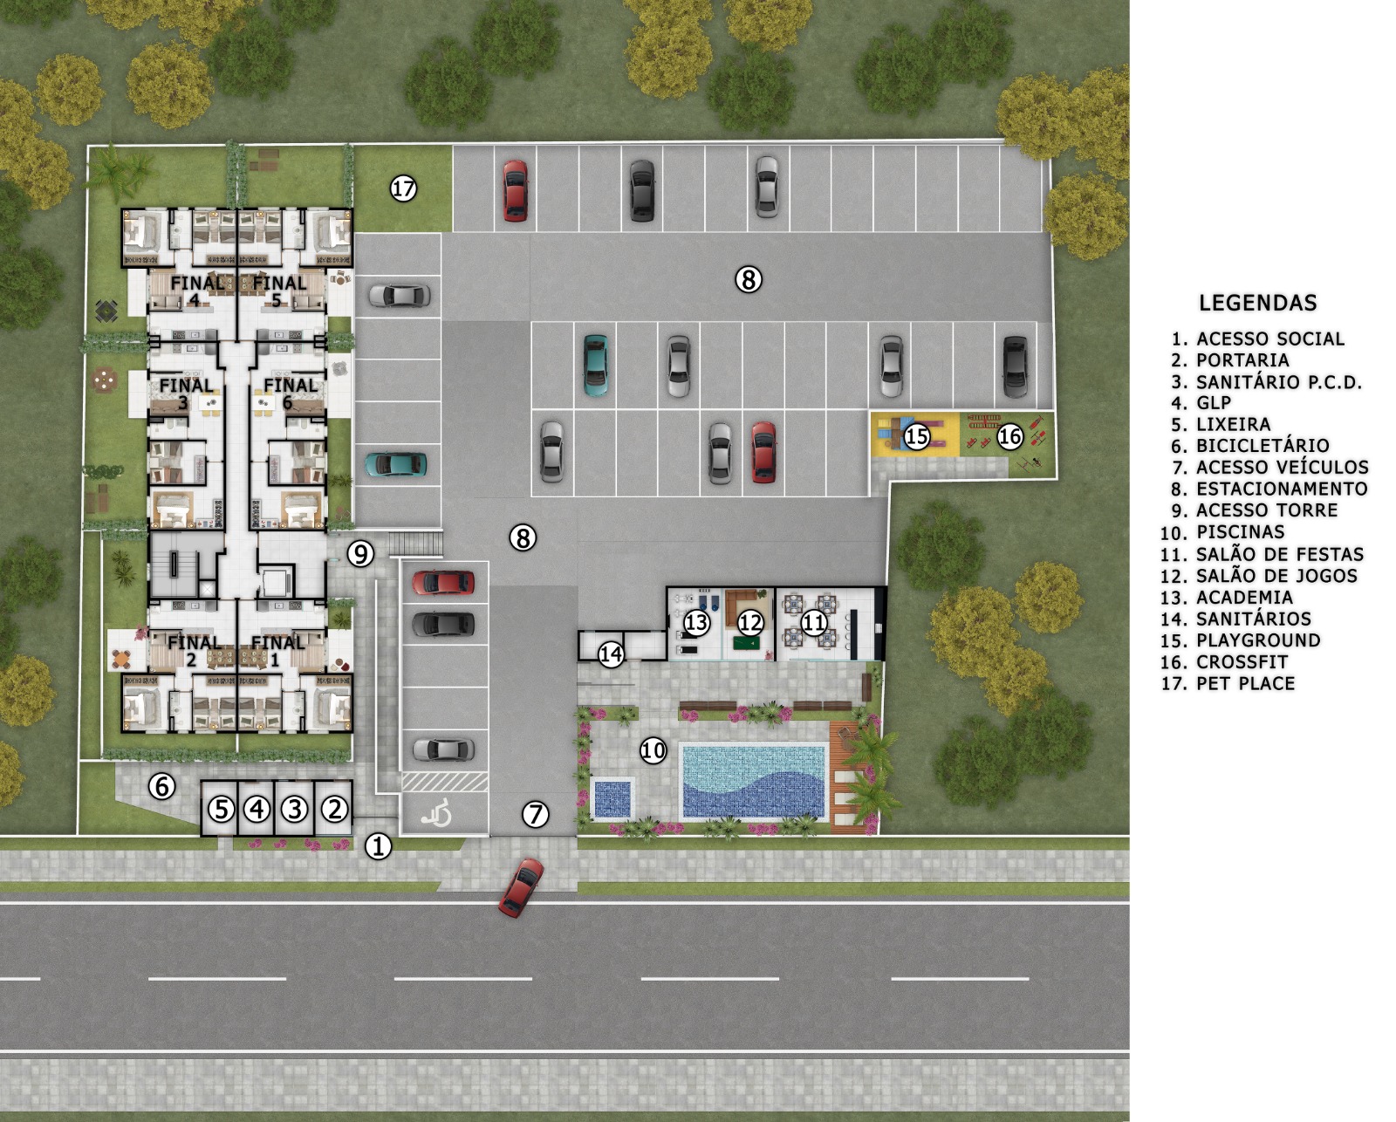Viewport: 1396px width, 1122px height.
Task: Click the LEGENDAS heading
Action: tap(1258, 303)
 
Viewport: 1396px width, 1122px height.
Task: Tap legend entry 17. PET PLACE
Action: tap(1228, 683)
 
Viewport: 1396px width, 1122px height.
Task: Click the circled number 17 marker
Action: tap(403, 188)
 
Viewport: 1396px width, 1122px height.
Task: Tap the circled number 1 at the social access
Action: tap(378, 846)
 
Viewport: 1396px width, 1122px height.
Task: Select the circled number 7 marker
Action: tap(536, 814)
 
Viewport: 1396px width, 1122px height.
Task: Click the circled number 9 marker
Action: tap(360, 553)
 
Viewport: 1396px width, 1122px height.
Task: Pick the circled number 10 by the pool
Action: tap(654, 750)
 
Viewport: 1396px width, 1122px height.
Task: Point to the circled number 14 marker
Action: tap(611, 654)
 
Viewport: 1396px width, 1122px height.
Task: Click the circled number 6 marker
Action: tap(161, 786)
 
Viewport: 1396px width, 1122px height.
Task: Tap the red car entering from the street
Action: tap(522, 887)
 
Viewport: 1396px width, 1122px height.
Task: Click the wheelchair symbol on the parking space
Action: tap(436, 814)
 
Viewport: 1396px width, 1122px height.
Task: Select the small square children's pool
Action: tap(612, 797)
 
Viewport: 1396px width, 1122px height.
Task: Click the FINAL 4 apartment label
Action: tap(196, 291)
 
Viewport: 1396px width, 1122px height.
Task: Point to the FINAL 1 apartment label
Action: tap(278, 651)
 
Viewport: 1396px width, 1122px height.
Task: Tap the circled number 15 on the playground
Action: tap(917, 436)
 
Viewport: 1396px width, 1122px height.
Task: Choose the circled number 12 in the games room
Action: tap(750, 623)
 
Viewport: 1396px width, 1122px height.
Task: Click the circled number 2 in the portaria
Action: tap(335, 809)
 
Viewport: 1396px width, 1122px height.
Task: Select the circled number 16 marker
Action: tap(1010, 436)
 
